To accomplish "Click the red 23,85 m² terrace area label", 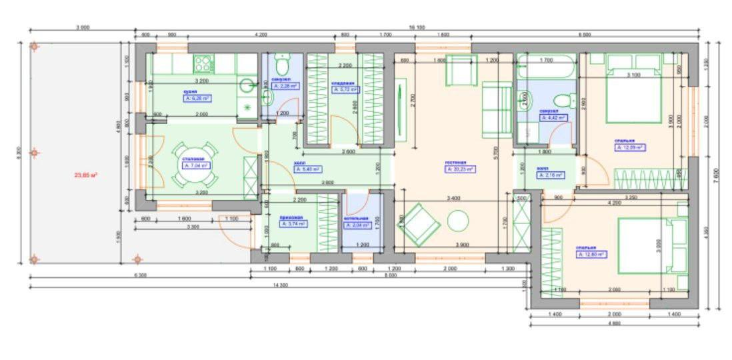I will coord(85,175).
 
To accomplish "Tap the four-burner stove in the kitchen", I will coord(203,64).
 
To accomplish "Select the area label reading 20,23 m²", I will coord(460,169).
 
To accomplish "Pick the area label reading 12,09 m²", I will coord(630,148).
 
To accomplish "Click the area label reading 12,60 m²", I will coord(591,254).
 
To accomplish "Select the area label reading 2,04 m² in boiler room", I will coord(357,225).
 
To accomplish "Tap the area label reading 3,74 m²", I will coord(293,224).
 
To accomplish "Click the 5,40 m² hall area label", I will coord(300,169).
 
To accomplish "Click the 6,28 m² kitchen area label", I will coord(197,98).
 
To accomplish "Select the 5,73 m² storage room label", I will coord(345,89).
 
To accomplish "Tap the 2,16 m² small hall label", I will coord(551,175).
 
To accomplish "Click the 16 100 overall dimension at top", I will coord(417,27).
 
